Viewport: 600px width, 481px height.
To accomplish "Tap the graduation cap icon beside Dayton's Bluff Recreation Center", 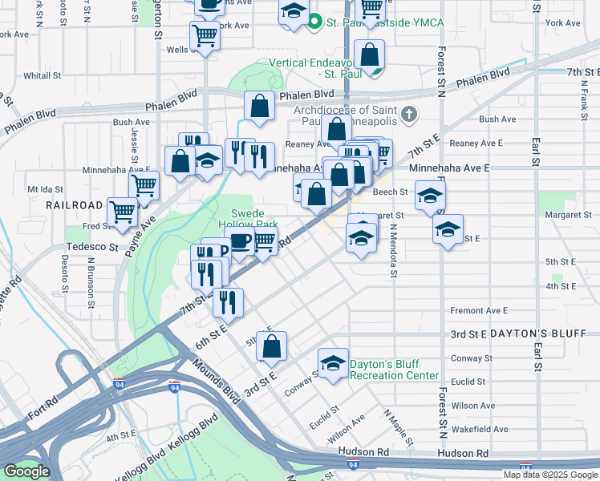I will click(333, 364).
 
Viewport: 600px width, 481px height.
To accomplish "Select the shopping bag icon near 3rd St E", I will click(272, 346).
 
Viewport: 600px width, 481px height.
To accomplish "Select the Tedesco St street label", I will click(91, 247).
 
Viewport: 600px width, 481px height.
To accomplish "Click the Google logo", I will click(26, 471).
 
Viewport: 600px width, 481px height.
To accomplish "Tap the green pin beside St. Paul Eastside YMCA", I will click(316, 22).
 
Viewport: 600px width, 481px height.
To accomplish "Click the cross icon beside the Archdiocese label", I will click(409, 111).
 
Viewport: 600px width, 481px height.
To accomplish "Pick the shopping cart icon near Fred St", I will click(123, 212).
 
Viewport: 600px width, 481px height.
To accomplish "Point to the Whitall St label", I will click(38, 75).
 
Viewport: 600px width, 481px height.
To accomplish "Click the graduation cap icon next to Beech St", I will click(430, 195).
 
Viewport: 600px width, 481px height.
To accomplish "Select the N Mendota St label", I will click(394, 250).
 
